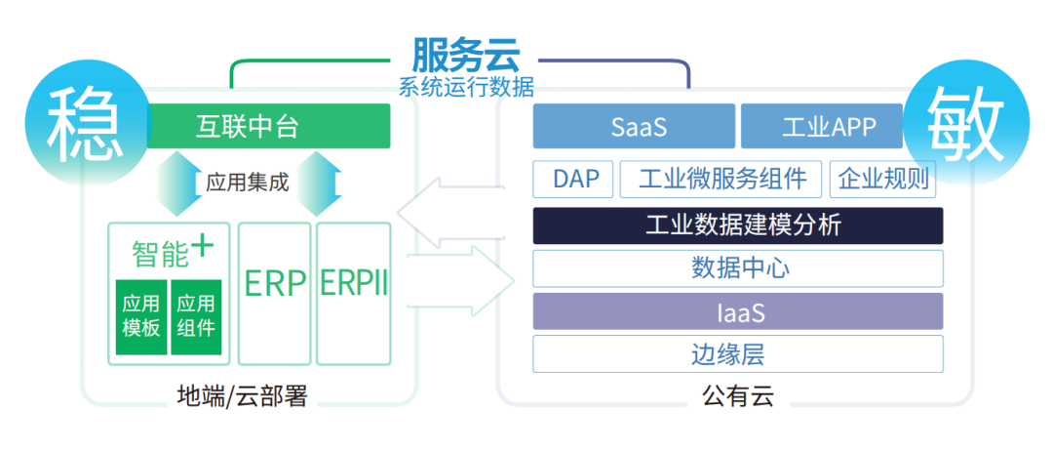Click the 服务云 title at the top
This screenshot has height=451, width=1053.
click(x=465, y=55)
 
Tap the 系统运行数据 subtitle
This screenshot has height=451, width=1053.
click(x=466, y=88)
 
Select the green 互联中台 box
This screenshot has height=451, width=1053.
click(x=269, y=126)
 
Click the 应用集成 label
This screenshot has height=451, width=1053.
click(x=247, y=182)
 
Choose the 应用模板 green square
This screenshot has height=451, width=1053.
click(x=141, y=316)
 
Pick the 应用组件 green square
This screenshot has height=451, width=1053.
click(x=196, y=316)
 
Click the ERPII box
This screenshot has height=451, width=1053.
click(x=354, y=294)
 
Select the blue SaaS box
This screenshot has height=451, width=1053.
click(x=634, y=126)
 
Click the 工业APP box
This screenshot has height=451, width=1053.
click(x=822, y=126)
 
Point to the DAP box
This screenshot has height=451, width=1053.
click(x=573, y=179)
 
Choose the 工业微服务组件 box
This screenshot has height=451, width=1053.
click(x=721, y=179)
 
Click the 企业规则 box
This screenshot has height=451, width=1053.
click(x=883, y=179)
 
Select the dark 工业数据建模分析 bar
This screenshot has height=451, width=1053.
click(x=738, y=225)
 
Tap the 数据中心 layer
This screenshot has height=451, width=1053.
click(x=738, y=268)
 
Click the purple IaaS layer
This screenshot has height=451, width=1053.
click(x=738, y=311)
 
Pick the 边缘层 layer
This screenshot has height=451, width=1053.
click(x=738, y=353)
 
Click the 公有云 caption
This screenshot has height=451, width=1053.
click(x=738, y=396)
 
